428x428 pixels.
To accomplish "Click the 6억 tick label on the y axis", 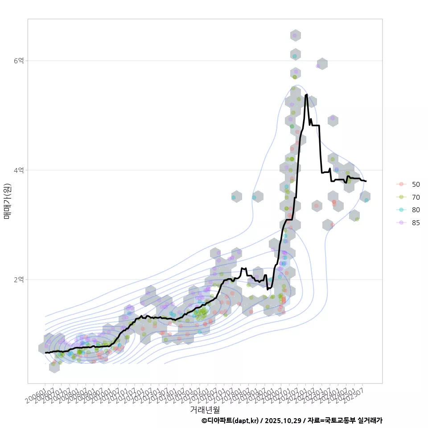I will [x=18, y=61].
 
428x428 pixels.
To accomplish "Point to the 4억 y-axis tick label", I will [x=18, y=170].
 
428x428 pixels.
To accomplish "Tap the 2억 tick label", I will [x=18, y=280].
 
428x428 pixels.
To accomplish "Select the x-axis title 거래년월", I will [x=205, y=409].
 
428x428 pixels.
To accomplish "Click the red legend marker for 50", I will [x=401, y=184].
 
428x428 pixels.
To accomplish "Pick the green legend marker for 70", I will [x=401, y=197].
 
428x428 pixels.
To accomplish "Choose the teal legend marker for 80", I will [x=401, y=210].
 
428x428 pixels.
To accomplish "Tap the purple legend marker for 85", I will [x=401, y=223].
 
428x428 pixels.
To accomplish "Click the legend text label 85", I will [x=416, y=223].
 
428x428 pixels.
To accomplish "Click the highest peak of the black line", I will [x=306, y=95].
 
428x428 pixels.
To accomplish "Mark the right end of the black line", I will [x=366, y=181].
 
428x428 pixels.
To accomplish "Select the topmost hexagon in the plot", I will [x=295, y=35].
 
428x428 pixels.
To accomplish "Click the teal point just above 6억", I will [x=295, y=56].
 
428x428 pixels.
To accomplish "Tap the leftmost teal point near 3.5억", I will [x=234, y=197].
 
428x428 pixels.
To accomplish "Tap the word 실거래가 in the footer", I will [x=370, y=420].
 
